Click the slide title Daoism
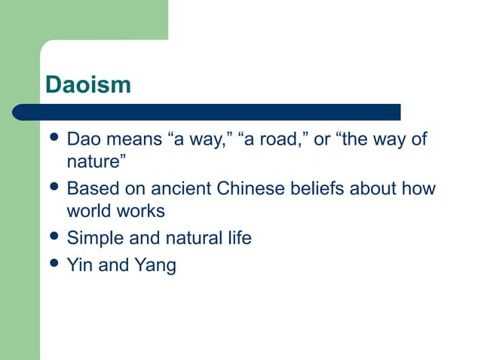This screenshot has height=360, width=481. [88, 84]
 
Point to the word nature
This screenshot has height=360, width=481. [93, 163]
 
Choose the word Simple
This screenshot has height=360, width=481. [93, 239]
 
